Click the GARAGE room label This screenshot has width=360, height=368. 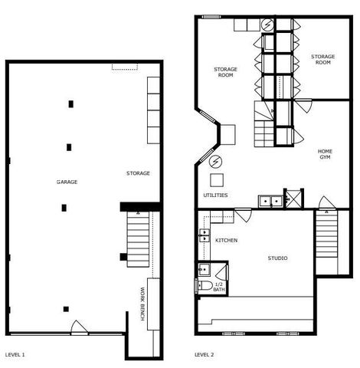67,182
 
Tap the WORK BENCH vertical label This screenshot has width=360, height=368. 142,302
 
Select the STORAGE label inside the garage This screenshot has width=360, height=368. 138,173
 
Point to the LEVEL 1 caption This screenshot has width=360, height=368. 15,355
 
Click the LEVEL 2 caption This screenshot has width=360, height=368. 205,355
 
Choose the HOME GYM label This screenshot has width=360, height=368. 325,154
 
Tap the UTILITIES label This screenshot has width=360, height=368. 215,195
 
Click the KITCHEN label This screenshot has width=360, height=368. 226,241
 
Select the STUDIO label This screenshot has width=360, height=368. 277,258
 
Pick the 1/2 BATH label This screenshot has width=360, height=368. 219,286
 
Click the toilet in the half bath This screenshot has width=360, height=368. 204,286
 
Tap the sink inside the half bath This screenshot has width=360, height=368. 204,269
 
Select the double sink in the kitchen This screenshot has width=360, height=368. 205,235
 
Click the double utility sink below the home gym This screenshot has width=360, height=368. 270,202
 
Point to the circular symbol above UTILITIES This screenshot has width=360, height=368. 215,162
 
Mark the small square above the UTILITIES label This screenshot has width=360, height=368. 217,180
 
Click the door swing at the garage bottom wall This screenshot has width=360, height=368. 79,328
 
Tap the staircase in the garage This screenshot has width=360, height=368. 137,241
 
